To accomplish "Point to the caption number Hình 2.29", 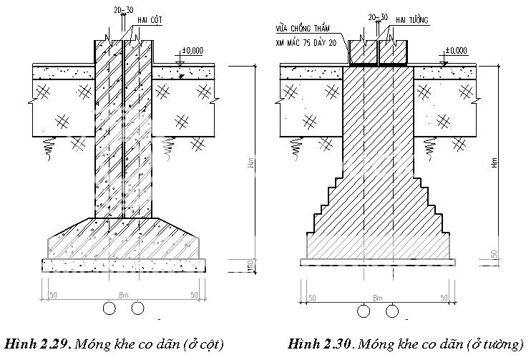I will [36, 345].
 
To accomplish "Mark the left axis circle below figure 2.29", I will [109, 308].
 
